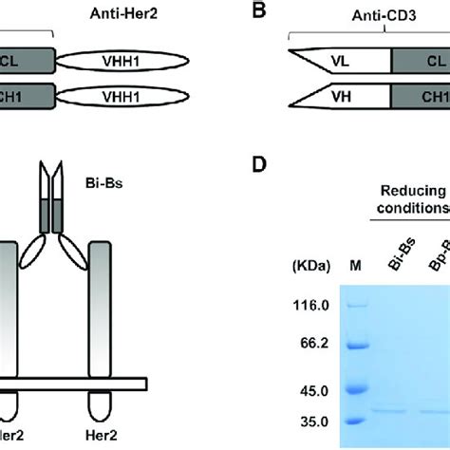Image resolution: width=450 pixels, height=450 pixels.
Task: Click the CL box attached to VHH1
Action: (27, 62)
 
